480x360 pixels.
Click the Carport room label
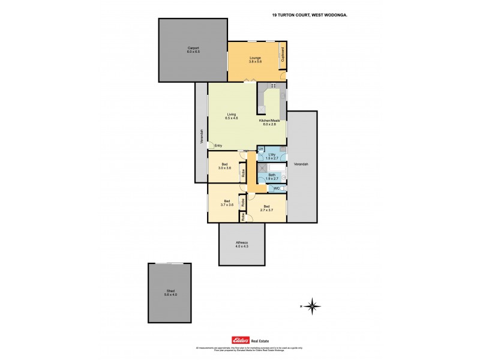(x=193, y=50)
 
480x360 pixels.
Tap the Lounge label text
(x=256, y=59)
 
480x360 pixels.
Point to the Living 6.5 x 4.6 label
(x=232, y=116)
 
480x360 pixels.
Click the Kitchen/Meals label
(x=269, y=122)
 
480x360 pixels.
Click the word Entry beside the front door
(x=218, y=146)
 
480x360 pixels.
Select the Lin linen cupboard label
(x=260, y=148)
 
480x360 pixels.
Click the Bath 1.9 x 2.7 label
(x=272, y=177)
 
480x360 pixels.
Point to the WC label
(x=276, y=189)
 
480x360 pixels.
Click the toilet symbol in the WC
(x=284, y=189)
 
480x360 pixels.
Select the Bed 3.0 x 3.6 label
(x=224, y=166)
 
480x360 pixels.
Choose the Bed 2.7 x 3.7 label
(x=266, y=208)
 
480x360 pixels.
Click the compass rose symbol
(x=311, y=307)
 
